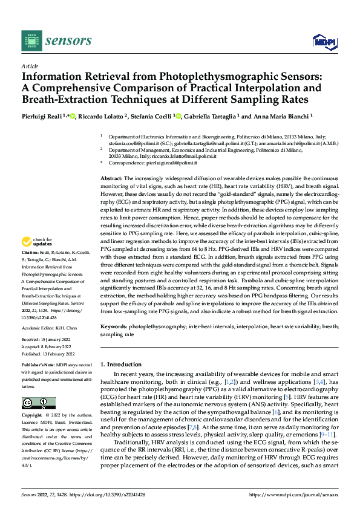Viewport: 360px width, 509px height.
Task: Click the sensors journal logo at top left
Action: [x=57, y=41]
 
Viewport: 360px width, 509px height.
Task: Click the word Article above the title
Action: [x=29, y=66]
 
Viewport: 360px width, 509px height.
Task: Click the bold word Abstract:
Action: [x=111, y=179]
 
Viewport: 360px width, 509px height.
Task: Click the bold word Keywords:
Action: [x=115, y=326]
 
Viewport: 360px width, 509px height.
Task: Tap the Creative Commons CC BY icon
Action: [x=38, y=403]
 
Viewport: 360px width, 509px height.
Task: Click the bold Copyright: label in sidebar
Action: [x=33, y=416]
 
